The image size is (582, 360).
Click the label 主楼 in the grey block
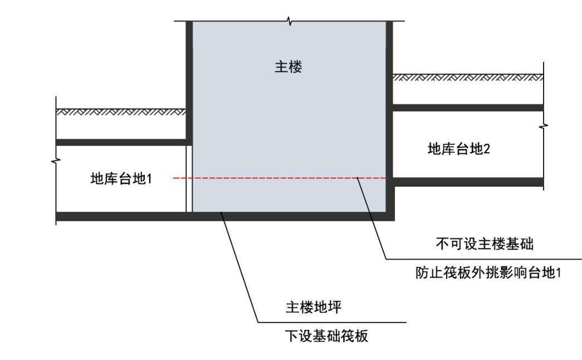point(288,68)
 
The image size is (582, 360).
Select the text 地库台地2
point(458,149)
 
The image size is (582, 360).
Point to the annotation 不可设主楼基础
point(480,244)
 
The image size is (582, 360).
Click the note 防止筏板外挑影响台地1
point(488,274)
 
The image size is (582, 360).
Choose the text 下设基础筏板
point(326,336)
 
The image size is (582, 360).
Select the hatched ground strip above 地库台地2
point(468,77)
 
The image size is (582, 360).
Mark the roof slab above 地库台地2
point(468,108)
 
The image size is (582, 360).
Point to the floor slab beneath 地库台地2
point(468,182)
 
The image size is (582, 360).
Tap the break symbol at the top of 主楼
point(288,22)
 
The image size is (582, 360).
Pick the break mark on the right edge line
point(544,127)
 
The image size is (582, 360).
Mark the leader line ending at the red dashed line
point(371,217)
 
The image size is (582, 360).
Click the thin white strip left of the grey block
point(189,178)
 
